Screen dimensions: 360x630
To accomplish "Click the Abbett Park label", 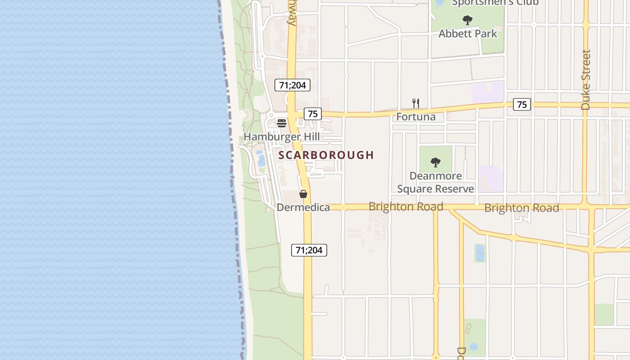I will click(x=468, y=34).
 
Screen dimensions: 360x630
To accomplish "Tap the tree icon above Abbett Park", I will click(x=468, y=20).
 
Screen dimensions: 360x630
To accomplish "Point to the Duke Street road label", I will click(x=585, y=80).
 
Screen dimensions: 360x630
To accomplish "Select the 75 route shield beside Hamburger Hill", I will click(x=312, y=114).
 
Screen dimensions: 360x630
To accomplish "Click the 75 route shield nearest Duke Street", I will click(x=522, y=105).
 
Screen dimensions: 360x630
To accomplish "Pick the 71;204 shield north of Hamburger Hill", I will click(x=292, y=85).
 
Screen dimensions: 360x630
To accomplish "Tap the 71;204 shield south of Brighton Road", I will click(x=309, y=250).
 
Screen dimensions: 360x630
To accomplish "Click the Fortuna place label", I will click(x=416, y=117).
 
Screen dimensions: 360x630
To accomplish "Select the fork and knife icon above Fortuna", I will click(x=416, y=103).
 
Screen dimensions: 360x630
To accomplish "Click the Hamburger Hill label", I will click(x=282, y=137).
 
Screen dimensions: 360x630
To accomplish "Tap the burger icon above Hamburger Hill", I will click(x=282, y=123).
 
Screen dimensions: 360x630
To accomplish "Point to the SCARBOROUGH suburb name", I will click(x=326, y=155).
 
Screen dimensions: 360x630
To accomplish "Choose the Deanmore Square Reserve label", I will click(x=436, y=182).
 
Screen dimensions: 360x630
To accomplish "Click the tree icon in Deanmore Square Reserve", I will click(x=435, y=162).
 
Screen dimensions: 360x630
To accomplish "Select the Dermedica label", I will click(x=303, y=207).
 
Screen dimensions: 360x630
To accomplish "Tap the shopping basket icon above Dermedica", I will click(x=303, y=194).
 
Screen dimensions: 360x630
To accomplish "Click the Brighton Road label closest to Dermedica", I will click(x=406, y=207).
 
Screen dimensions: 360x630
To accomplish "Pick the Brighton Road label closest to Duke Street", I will click(x=522, y=208).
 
